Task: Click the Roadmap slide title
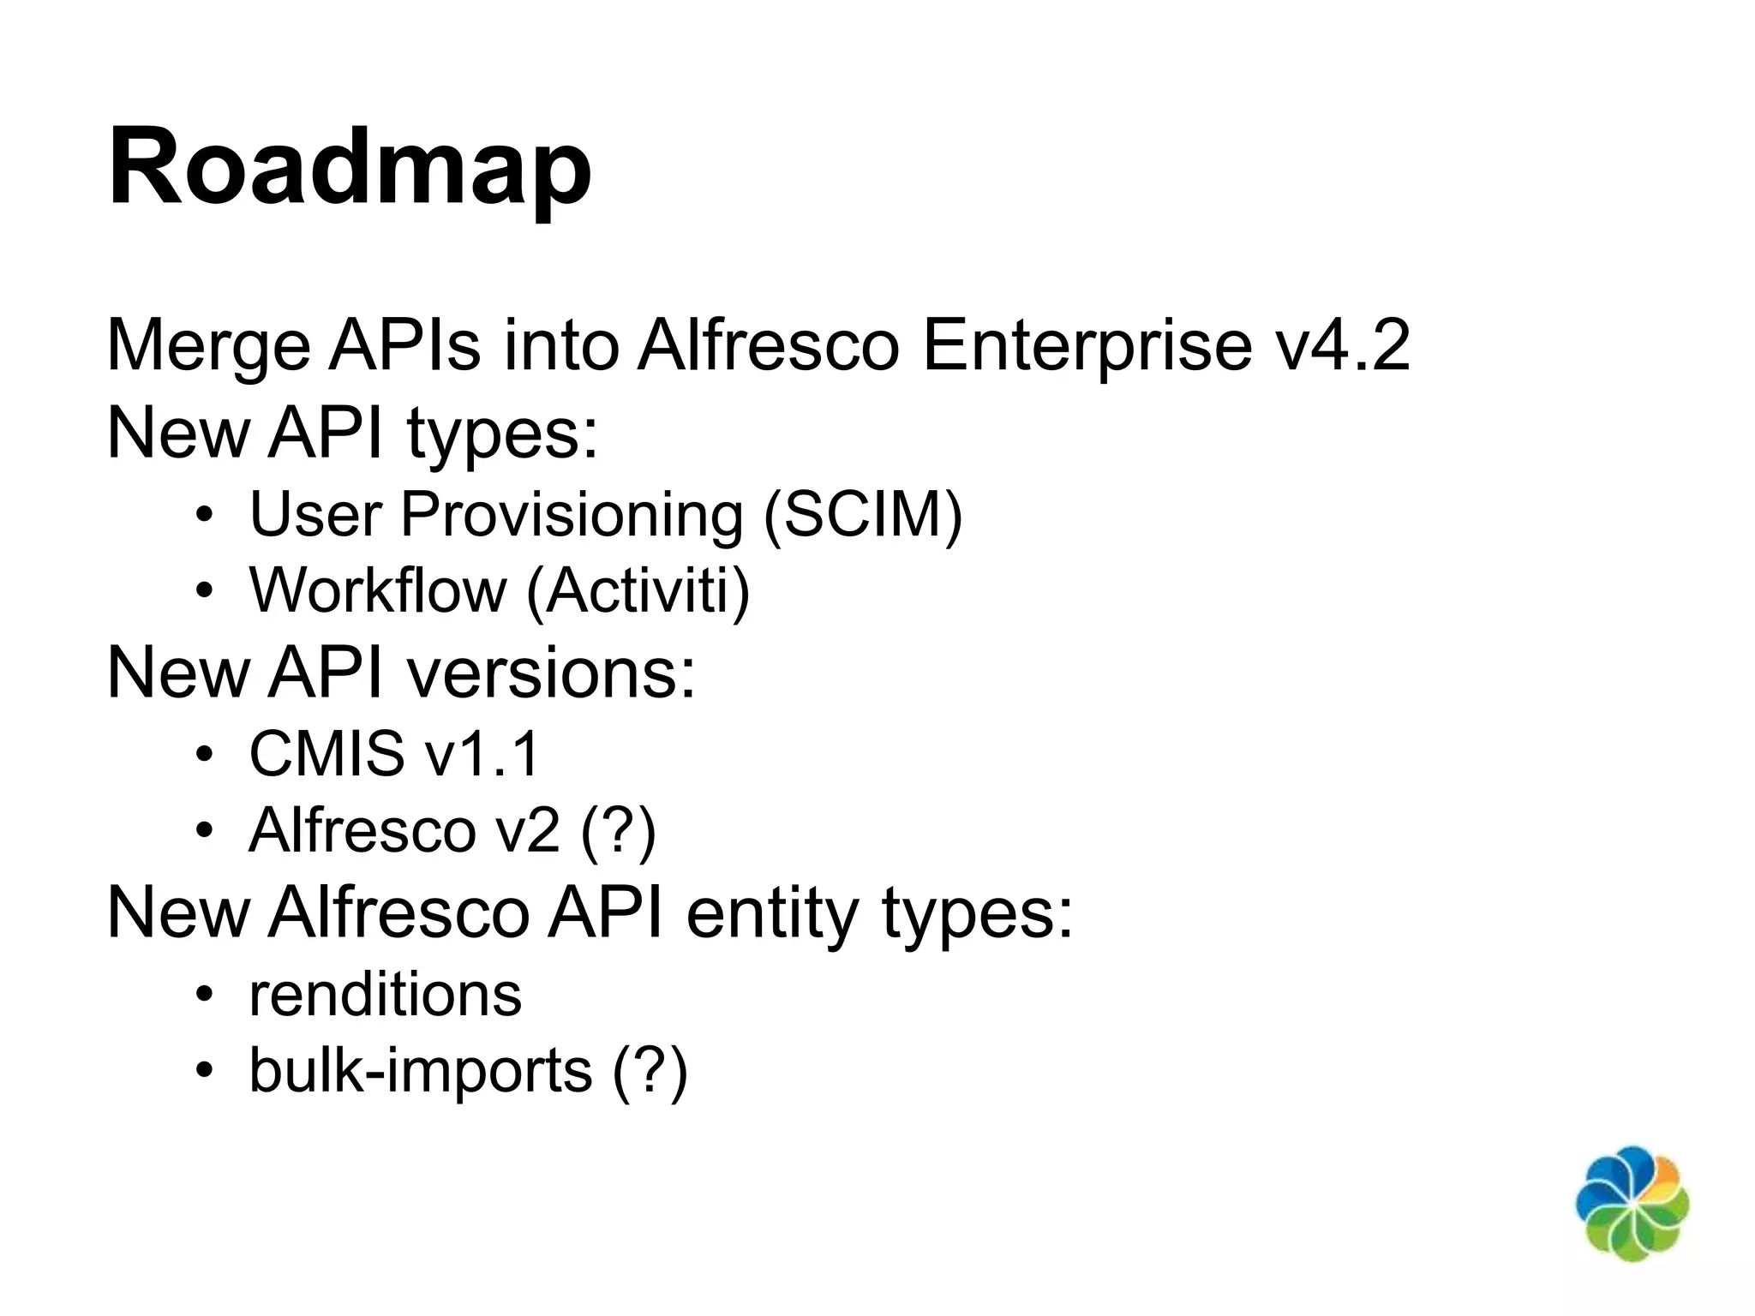350,167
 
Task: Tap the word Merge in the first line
208,347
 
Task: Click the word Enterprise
1087,347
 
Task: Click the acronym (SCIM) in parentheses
863,515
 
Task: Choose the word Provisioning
572,517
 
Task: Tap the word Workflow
377,590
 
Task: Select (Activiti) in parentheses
638,592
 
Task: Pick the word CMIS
326,754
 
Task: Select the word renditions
385,995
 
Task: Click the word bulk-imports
421,1072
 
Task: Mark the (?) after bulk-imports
650,1072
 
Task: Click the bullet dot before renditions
203,996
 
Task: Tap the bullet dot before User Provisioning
203,516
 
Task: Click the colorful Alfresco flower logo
1632,1203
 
